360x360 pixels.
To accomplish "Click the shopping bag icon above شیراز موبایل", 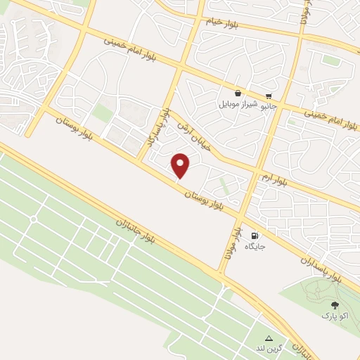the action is (239, 92).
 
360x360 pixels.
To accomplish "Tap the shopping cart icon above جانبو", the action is (269, 96).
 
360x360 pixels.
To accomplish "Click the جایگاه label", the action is (254, 247).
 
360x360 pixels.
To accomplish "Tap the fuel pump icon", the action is (254, 236).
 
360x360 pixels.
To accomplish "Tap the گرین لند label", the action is (271, 349).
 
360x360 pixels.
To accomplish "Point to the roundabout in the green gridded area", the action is (33, 219).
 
